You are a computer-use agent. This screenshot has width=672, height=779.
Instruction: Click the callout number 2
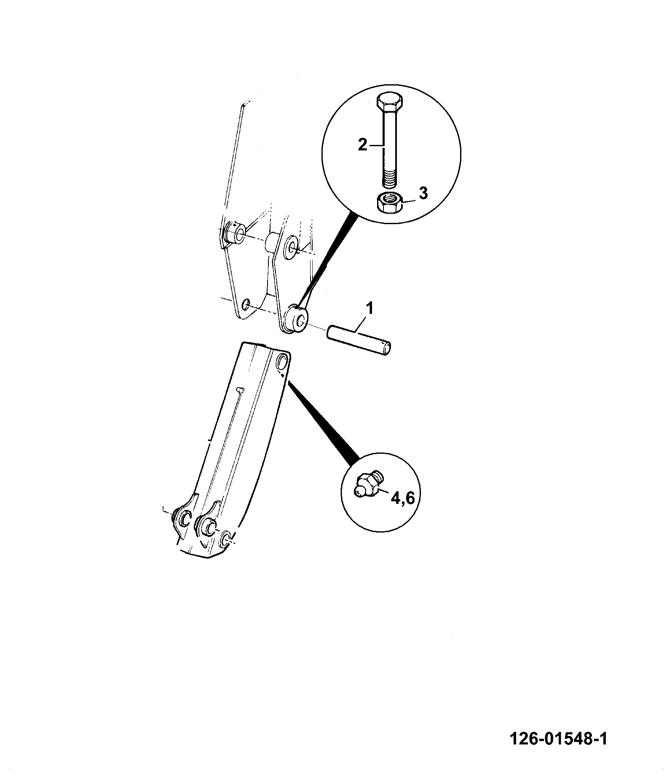click(363, 145)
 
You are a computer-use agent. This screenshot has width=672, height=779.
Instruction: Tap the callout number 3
click(423, 193)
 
